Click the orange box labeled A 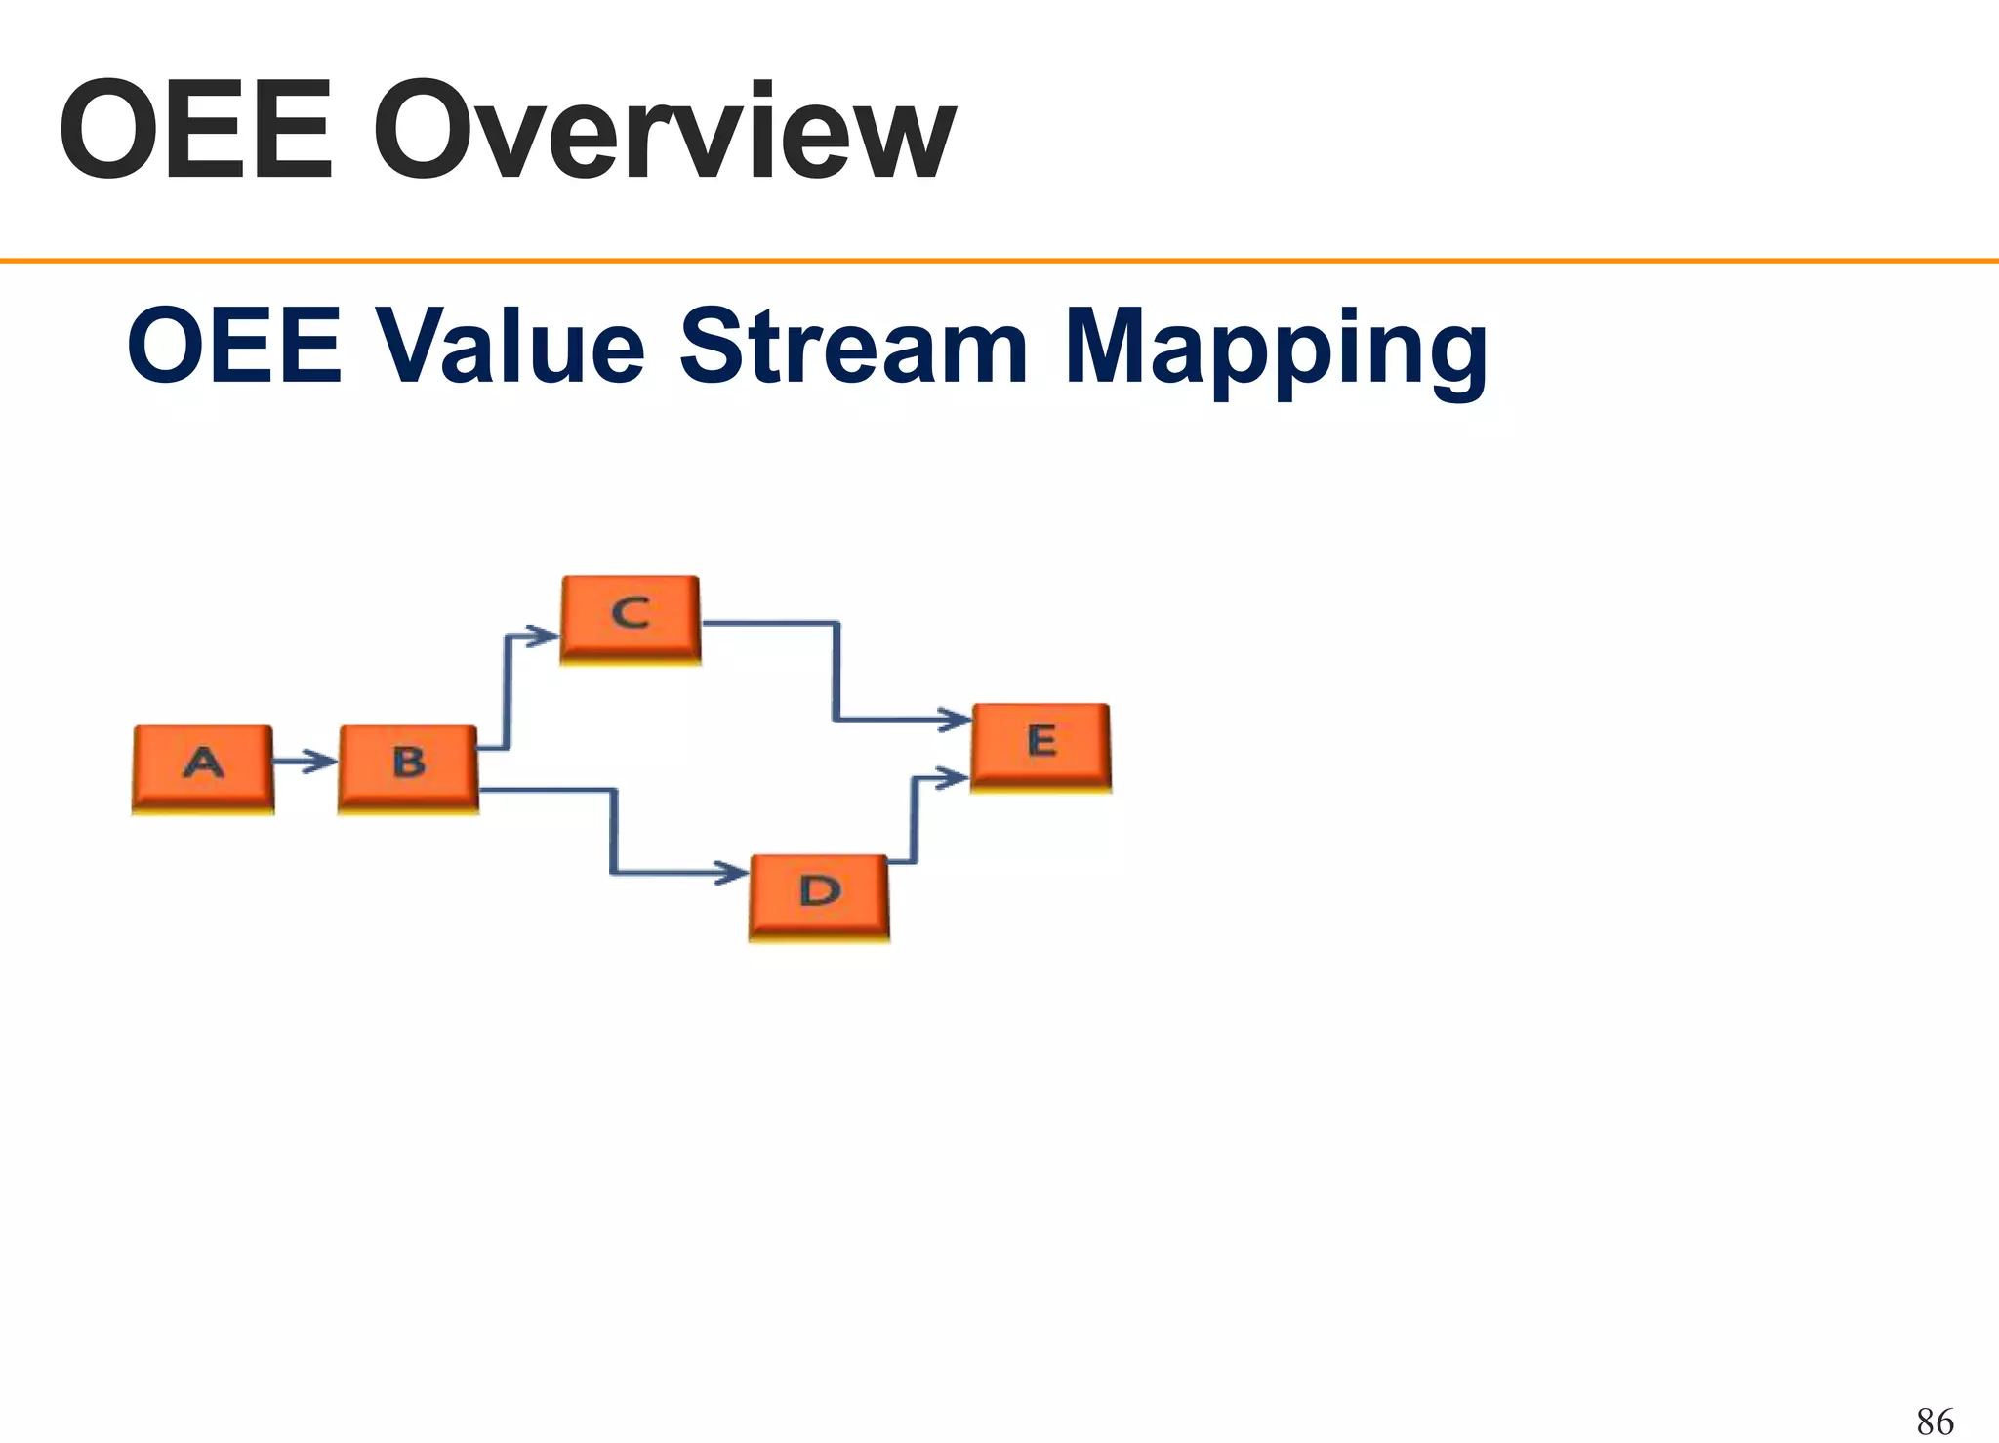[x=203, y=768]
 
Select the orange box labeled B [x=408, y=768]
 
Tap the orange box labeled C [x=631, y=619]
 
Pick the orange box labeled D [x=819, y=896]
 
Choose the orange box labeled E [x=1040, y=746]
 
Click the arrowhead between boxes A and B [x=320, y=761]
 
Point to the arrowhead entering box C [x=542, y=636]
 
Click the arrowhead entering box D [x=731, y=872]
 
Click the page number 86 [x=1935, y=1421]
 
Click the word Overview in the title [x=664, y=132]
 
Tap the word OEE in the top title [x=195, y=132]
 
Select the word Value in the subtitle [x=510, y=347]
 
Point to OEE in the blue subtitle [x=234, y=347]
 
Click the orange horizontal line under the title [x=999, y=261]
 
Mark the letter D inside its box [x=819, y=890]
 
